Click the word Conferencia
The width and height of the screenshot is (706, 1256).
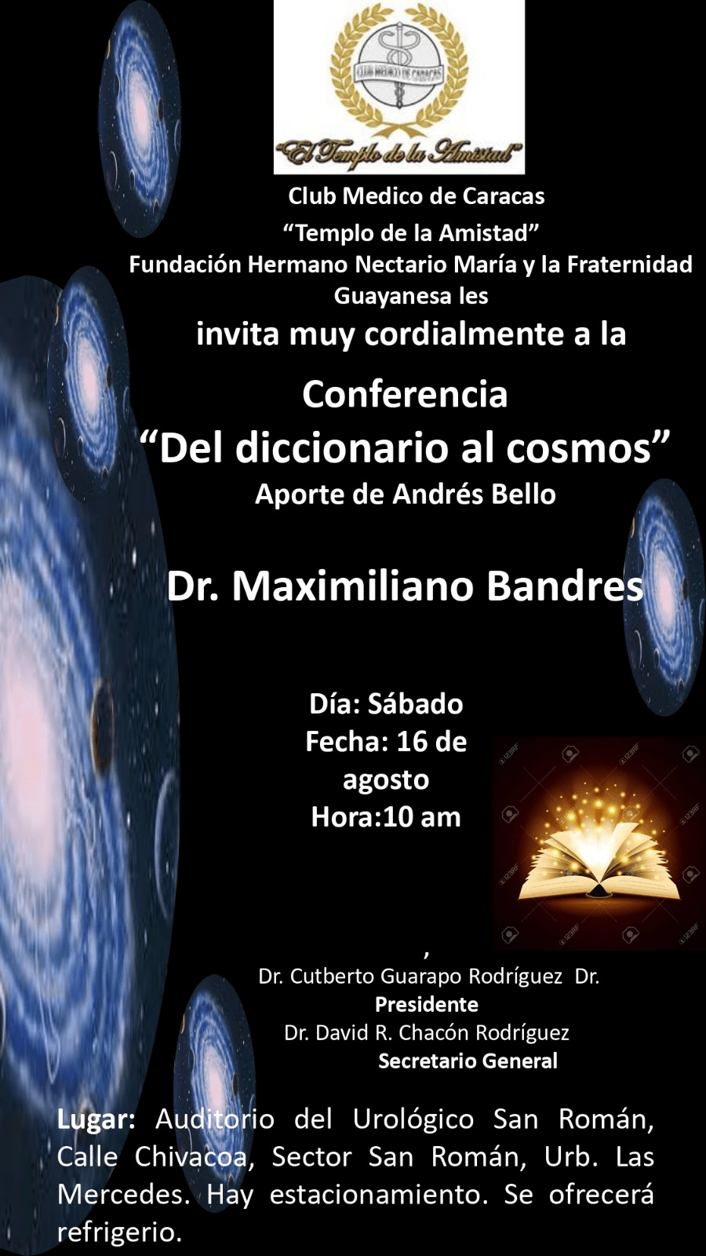(x=405, y=395)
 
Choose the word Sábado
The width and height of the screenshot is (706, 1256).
(x=415, y=704)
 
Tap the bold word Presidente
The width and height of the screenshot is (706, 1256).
(x=427, y=1004)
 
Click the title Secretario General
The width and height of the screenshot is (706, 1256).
(x=468, y=1061)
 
